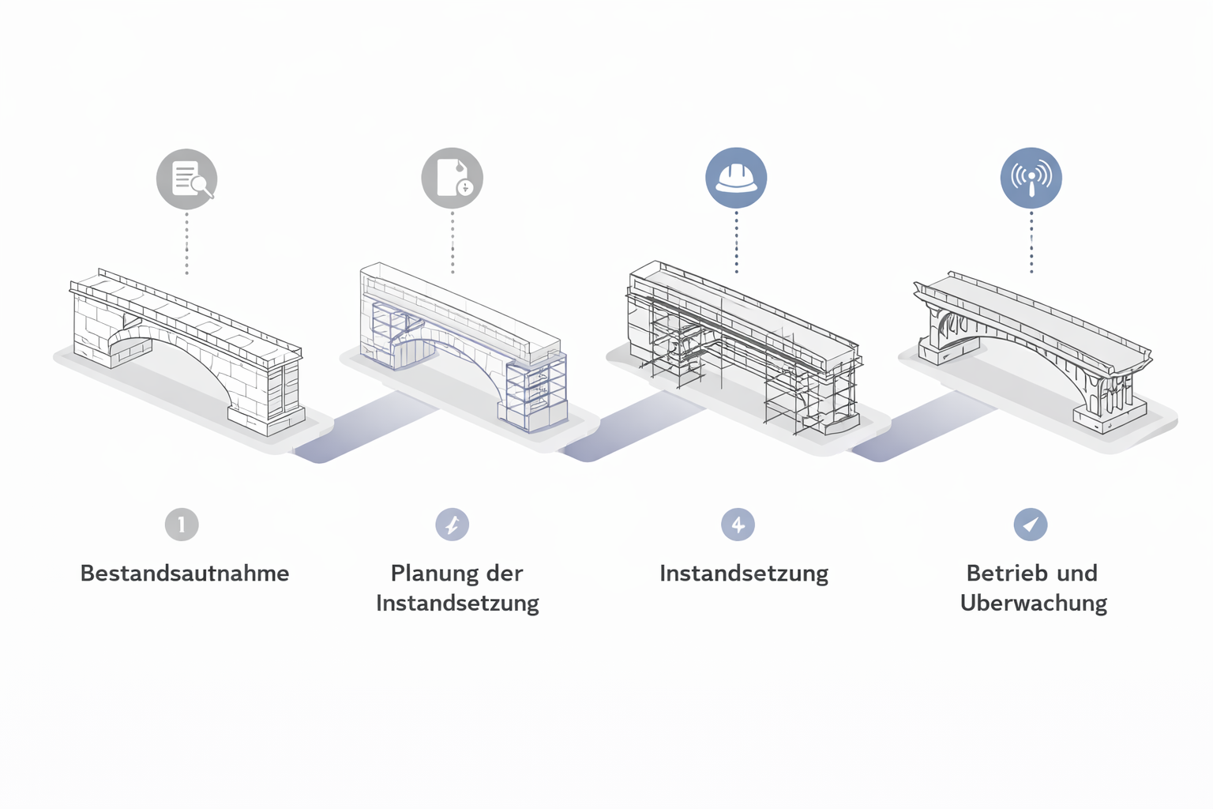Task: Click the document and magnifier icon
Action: click(186, 179)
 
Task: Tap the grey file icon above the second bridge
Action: click(452, 178)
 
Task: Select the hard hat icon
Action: click(736, 178)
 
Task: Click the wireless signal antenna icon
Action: click(1031, 178)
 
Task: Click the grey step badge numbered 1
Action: click(182, 525)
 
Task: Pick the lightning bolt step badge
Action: click(453, 525)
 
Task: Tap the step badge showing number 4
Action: click(738, 525)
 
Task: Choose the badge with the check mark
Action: click(1031, 525)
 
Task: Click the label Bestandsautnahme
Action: click(185, 574)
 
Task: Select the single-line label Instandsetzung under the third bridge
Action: click(744, 574)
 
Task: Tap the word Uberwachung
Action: click(1034, 604)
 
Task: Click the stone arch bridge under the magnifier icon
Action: click(188, 348)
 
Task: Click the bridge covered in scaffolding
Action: click(742, 348)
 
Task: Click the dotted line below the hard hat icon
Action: click(736, 241)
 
